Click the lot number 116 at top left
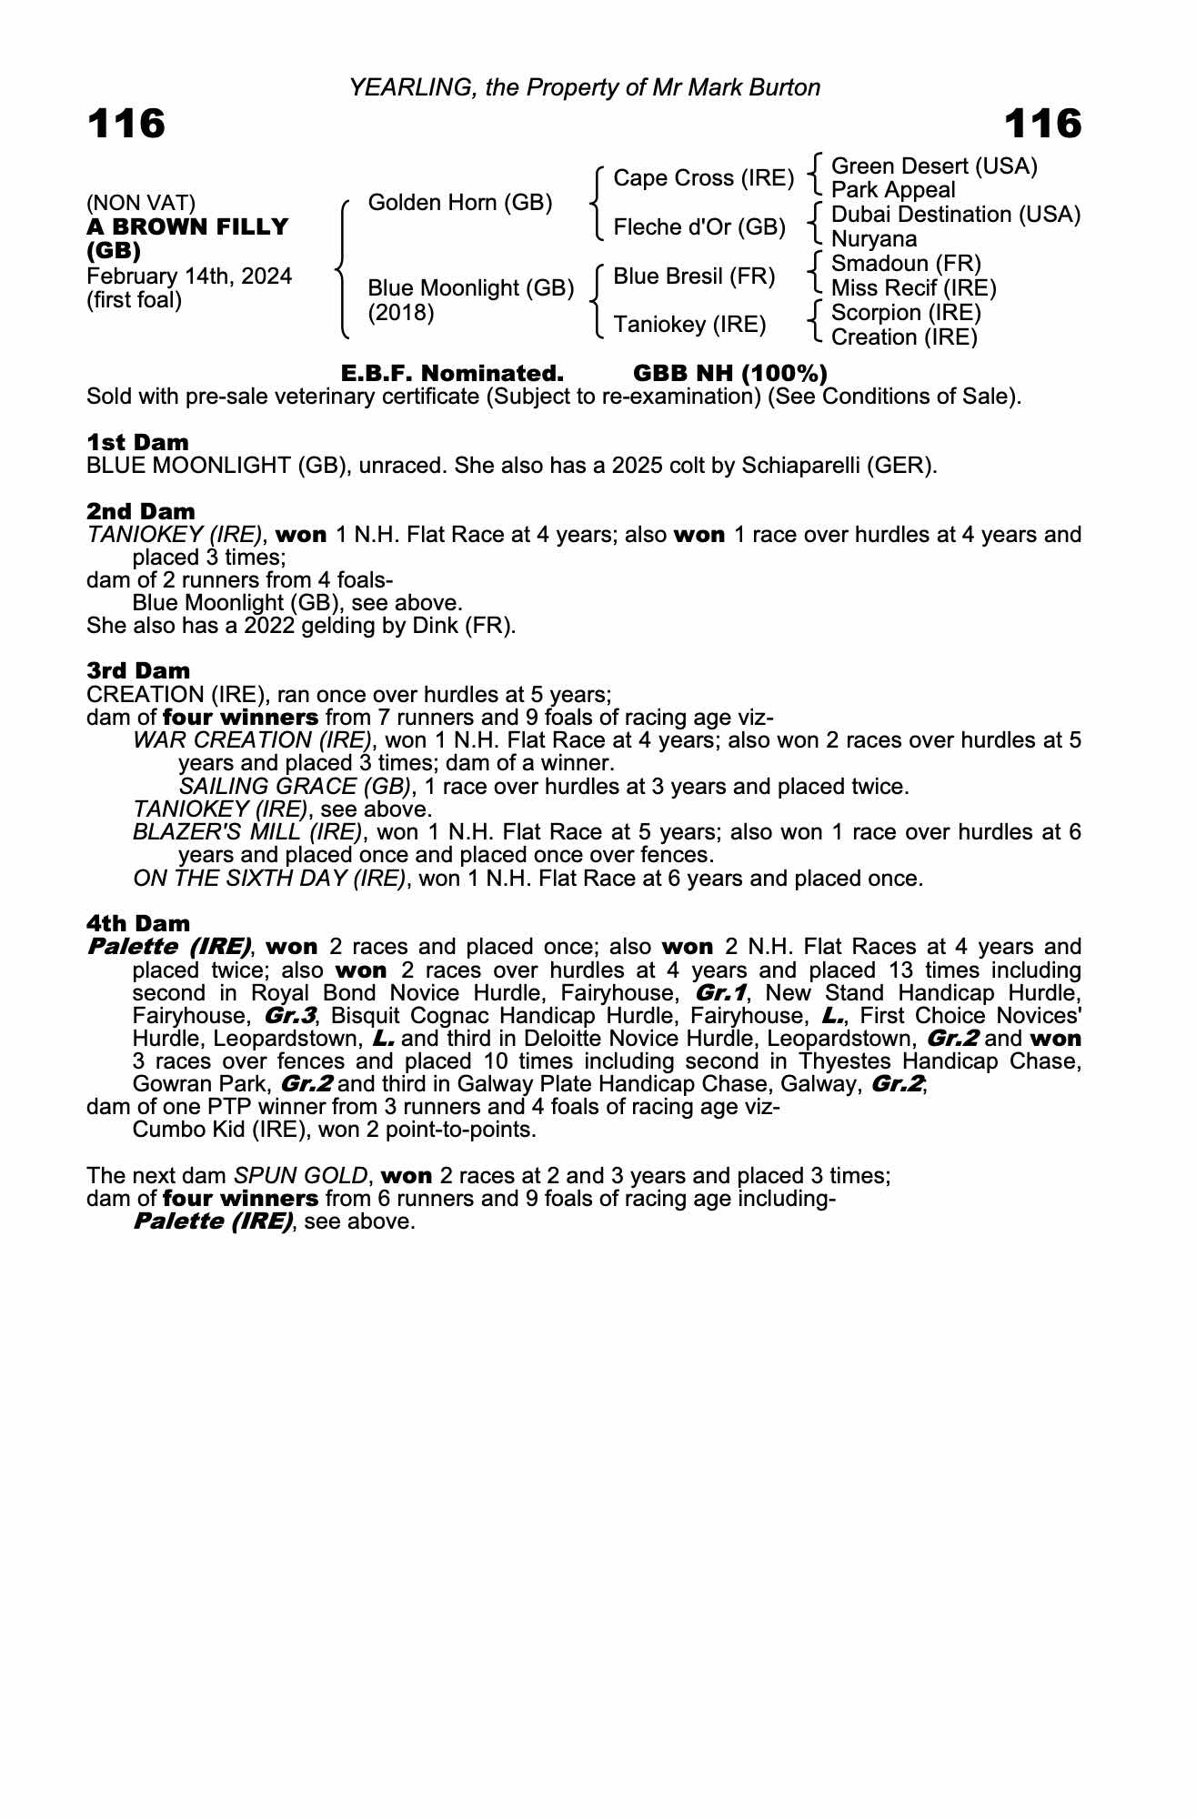click(126, 124)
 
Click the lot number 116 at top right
click(1042, 124)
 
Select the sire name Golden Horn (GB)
click(459, 203)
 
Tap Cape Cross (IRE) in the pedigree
click(703, 178)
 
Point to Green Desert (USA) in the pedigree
click(934, 166)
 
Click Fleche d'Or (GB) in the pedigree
click(699, 227)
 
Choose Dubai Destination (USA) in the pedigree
click(955, 216)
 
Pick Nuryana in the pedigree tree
click(874, 239)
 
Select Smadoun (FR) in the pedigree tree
click(906, 264)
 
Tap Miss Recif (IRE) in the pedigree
click(913, 288)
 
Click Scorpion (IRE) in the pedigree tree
click(906, 313)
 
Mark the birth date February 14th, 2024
click(189, 276)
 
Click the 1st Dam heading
click(137, 443)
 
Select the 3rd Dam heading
click(138, 671)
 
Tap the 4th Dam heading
click(138, 924)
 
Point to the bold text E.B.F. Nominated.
click(452, 374)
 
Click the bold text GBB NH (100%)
click(729, 374)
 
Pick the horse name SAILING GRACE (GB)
click(295, 787)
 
